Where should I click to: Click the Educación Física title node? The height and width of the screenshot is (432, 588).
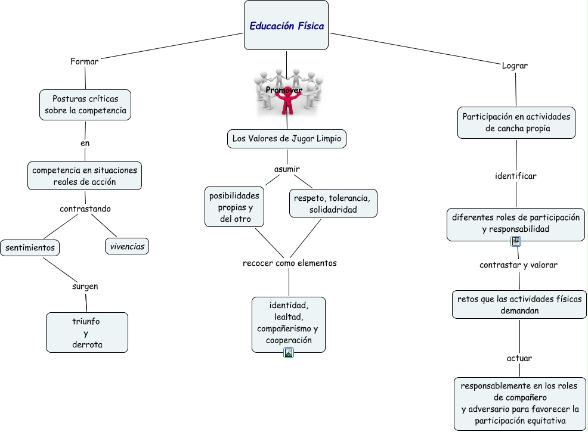tap(286, 26)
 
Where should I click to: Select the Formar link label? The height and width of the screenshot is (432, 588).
tap(84, 61)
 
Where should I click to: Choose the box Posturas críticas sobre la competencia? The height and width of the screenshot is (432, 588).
tap(85, 104)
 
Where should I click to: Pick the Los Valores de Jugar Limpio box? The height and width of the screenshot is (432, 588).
tap(287, 139)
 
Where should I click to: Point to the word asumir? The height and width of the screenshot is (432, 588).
tap(287, 169)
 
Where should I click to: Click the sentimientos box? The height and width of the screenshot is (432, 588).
tap(30, 247)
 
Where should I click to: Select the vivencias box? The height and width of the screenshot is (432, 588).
tap(127, 246)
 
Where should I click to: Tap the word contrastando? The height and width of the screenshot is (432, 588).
tap(85, 209)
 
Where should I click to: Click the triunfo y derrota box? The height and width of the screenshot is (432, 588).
tap(86, 332)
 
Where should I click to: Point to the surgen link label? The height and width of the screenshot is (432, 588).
tap(85, 286)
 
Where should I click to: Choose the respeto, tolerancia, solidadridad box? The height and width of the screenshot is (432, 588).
tap(333, 203)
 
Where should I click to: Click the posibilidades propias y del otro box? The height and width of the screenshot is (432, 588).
tap(234, 207)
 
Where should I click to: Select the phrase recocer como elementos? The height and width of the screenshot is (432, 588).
tap(290, 263)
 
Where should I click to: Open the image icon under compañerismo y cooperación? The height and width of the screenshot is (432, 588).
tap(289, 353)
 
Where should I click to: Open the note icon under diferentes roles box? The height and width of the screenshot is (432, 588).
tap(516, 241)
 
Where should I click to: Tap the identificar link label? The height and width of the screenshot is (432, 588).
tap(516, 176)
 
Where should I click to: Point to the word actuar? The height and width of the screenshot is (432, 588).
tap(519, 358)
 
